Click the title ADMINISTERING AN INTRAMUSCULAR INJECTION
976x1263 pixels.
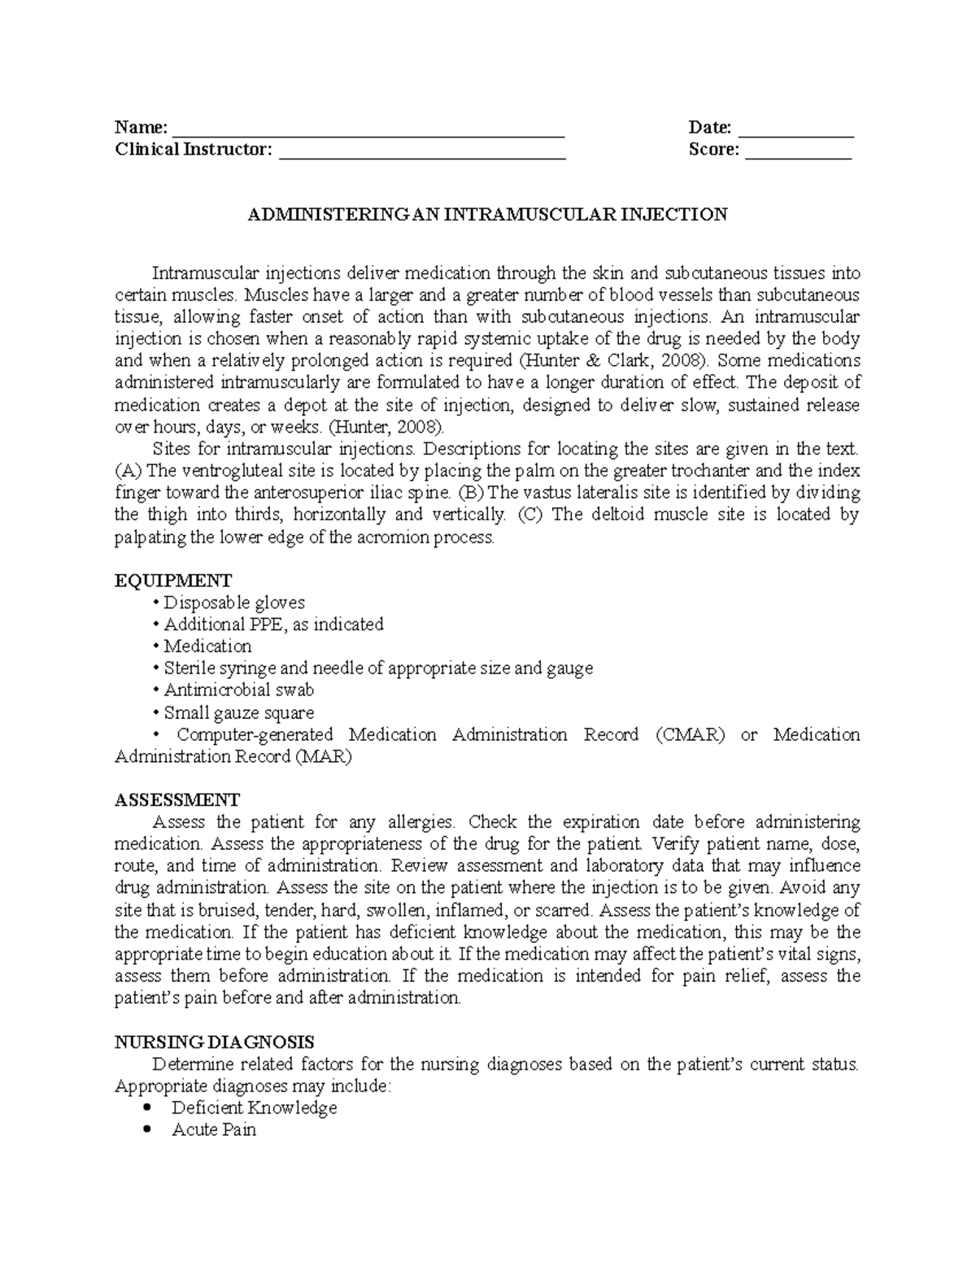point(487,215)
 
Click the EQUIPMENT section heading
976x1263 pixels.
point(173,581)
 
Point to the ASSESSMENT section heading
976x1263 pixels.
point(177,799)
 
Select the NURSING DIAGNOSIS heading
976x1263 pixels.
point(215,1042)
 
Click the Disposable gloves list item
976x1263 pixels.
point(234,603)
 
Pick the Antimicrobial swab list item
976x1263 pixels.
point(239,690)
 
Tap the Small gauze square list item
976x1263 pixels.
point(239,713)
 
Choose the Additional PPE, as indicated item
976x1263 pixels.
point(273,625)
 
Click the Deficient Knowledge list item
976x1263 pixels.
point(254,1108)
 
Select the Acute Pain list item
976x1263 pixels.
point(214,1130)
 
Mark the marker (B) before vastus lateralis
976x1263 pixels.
point(470,493)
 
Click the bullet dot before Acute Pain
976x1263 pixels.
point(146,1130)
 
